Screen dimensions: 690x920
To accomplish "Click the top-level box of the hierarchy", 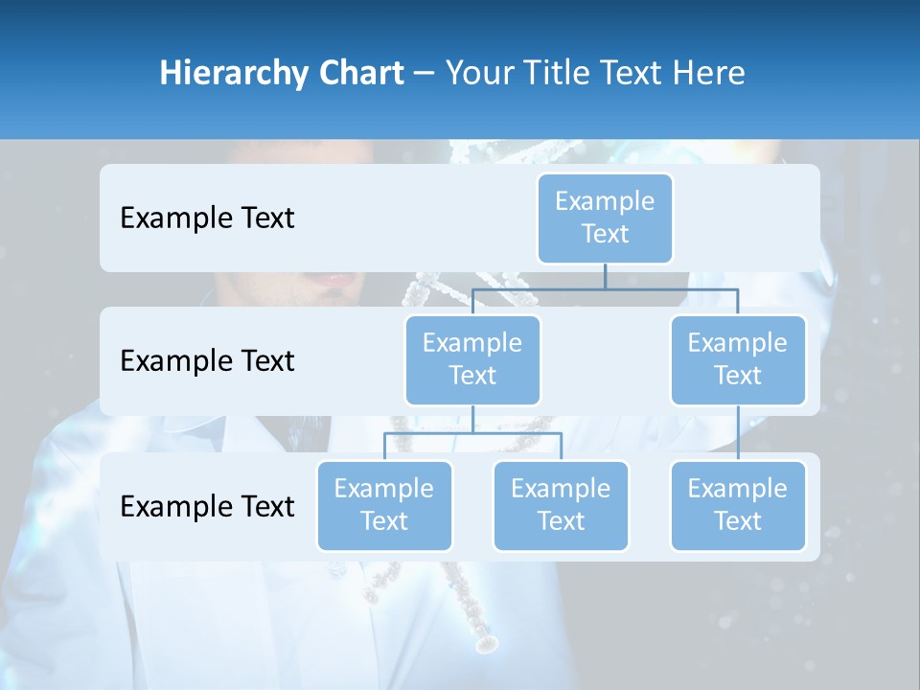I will click(605, 218).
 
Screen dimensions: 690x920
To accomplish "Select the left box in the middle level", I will click(472, 360).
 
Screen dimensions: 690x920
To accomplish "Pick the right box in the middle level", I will click(738, 360).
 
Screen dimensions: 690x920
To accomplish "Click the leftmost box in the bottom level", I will click(384, 506).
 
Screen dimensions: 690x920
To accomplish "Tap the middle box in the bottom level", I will click(561, 506).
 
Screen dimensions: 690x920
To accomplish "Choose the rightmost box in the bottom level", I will click(738, 506).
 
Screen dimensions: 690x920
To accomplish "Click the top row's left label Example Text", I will click(207, 218).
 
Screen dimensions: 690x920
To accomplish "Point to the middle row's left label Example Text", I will click(207, 361).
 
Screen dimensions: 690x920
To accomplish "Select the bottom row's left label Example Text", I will click(207, 507).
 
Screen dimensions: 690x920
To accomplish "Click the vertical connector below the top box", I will click(605, 276).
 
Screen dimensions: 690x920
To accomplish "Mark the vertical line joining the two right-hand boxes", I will click(738, 433).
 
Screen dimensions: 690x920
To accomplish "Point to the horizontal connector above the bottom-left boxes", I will click(472, 433).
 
